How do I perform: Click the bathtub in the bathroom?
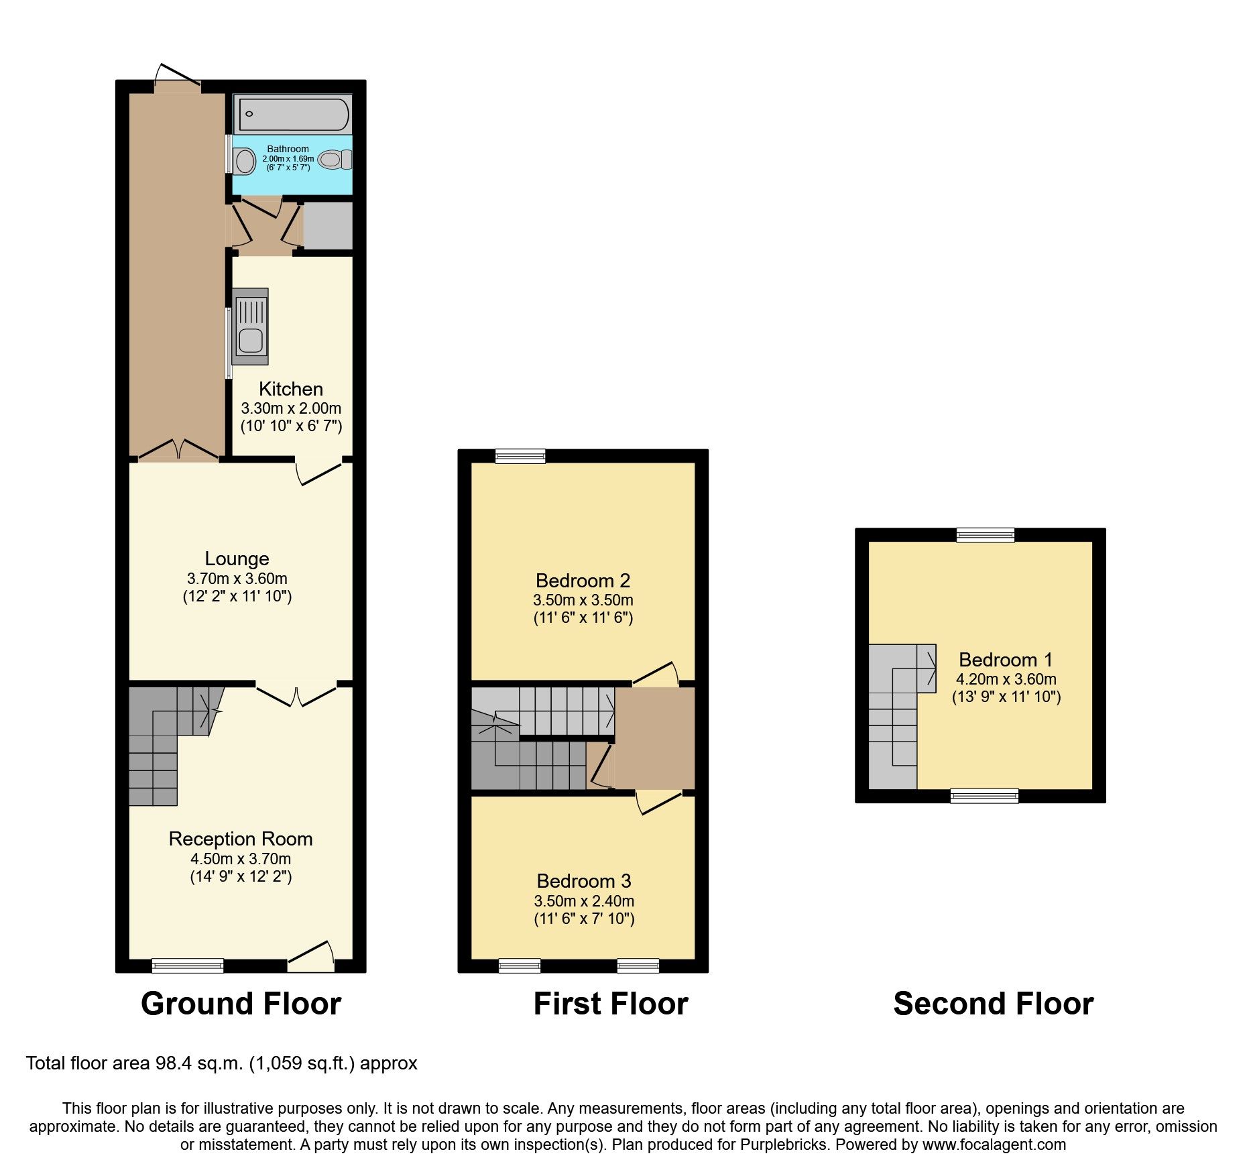click(294, 115)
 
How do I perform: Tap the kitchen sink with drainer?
click(250, 327)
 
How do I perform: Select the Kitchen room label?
click(291, 389)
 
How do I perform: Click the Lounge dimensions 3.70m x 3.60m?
click(237, 578)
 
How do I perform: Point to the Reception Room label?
click(240, 839)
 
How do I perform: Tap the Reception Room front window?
click(188, 966)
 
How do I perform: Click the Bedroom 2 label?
click(583, 581)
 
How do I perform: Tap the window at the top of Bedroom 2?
click(520, 457)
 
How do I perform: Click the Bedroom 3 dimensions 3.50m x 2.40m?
click(584, 901)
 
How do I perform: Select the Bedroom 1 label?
click(1006, 660)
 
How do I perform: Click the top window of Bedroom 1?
click(985, 535)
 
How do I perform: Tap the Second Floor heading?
click(993, 1004)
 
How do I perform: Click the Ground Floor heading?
click(241, 1004)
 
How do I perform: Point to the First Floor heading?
click(610, 1004)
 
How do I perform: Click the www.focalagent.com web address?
click(994, 1145)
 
